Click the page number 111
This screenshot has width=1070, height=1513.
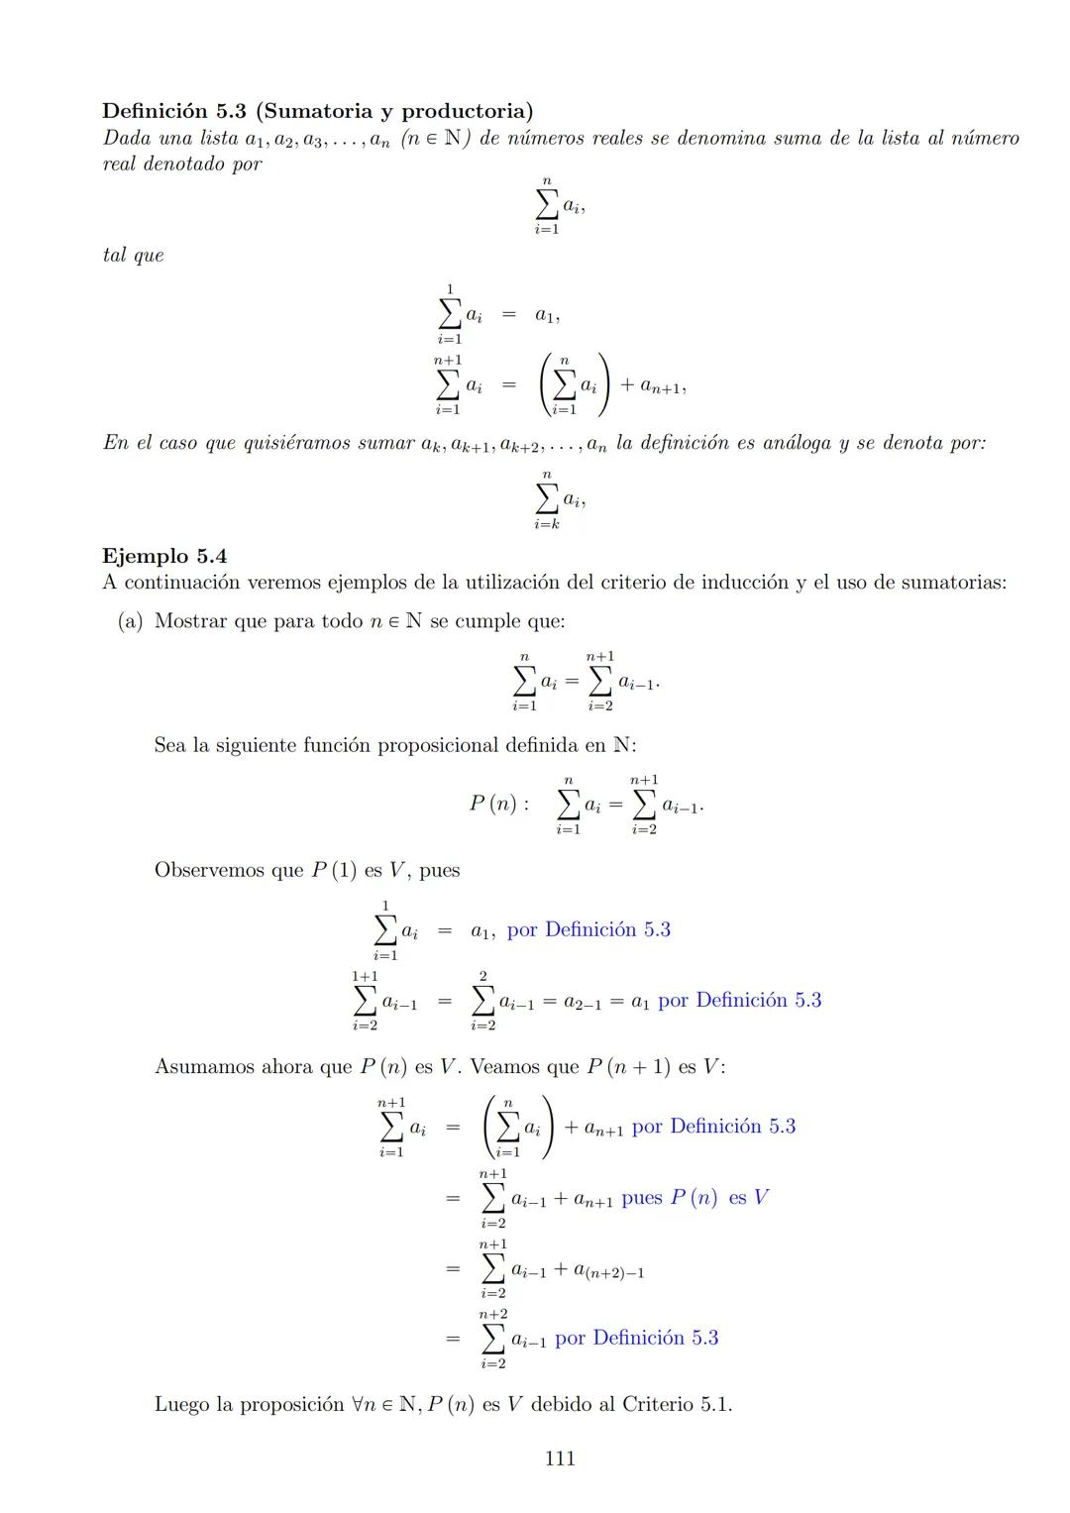560,1458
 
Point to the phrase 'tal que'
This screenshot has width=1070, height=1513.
133,256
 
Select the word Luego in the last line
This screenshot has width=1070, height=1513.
180,1404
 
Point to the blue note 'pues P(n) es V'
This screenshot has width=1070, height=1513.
695,1198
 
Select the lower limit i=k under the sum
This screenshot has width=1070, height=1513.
547,524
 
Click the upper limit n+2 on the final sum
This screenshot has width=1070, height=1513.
493,1314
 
